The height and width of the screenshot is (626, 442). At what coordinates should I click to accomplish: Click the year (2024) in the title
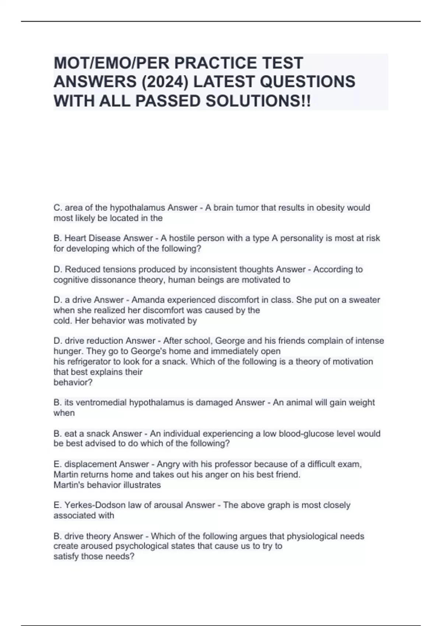[165, 82]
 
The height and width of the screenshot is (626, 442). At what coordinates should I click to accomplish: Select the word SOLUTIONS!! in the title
[258, 101]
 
